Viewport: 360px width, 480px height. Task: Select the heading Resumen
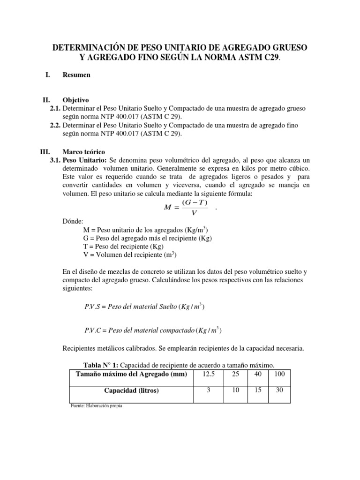tap(76, 75)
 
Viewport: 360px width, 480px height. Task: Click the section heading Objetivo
tap(76, 100)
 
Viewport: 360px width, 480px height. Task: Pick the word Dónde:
tap(73, 221)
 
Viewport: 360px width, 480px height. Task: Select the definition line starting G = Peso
tap(147, 238)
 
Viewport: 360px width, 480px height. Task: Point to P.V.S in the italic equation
tap(93, 307)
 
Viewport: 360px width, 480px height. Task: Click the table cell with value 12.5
tap(206, 373)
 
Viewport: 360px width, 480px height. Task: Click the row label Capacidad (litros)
tap(131, 390)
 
